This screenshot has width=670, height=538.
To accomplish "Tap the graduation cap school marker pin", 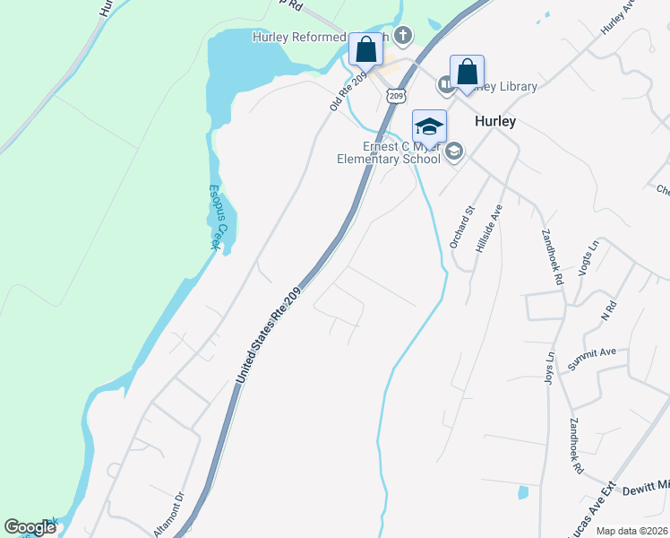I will tap(429, 127).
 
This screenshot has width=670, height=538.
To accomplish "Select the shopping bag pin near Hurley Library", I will tap(467, 72).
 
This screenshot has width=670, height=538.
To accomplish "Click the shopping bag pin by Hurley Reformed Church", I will tap(365, 49).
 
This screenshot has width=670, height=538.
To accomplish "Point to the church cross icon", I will tap(404, 35).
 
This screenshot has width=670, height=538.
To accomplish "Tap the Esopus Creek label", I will tap(217, 217).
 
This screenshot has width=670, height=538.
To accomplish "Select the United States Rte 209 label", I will tap(271, 336).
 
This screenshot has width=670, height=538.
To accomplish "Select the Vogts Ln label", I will tap(590, 257).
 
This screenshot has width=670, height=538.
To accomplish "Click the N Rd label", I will tap(610, 310).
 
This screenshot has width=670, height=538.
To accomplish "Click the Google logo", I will tap(30, 527).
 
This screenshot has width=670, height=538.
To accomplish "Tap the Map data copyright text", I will tap(631, 530).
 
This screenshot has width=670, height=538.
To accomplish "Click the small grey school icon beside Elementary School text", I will tap(453, 152).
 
